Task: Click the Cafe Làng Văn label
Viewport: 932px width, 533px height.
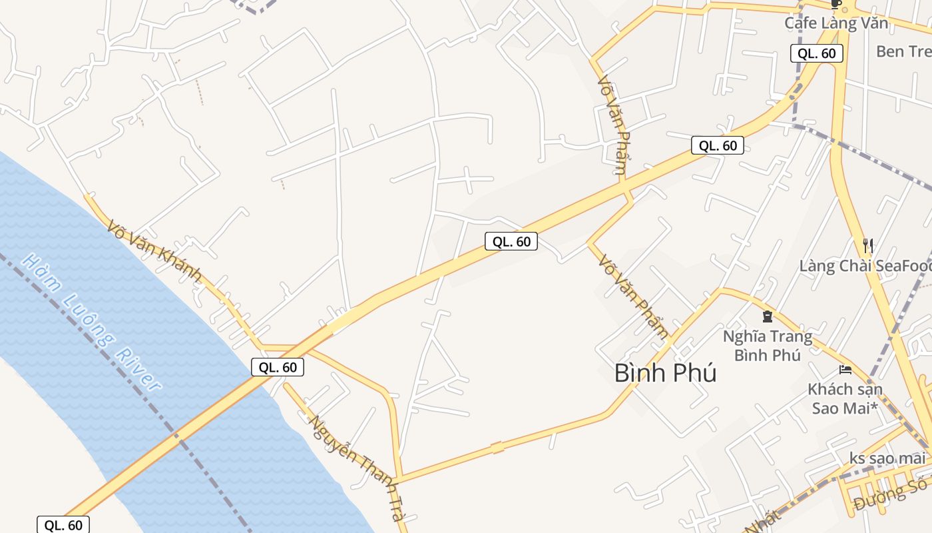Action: click(836, 23)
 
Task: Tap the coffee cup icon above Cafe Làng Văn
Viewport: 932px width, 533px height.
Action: click(837, 4)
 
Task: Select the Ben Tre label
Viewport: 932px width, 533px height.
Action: click(904, 51)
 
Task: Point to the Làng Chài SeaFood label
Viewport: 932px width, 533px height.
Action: click(865, 266)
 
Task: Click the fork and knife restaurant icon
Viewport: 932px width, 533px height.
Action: click(867, 246)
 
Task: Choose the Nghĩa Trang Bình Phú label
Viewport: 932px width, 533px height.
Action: click(768, 345)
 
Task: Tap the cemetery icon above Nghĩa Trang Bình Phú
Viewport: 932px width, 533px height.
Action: click(767, 316)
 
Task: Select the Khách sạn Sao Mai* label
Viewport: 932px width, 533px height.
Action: click(845, 398)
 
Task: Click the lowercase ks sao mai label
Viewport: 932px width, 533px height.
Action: click(887, 458)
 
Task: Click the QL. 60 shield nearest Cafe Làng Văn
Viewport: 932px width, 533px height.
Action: click(817, 53)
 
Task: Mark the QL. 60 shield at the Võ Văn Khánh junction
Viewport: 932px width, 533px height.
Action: click(278, 366)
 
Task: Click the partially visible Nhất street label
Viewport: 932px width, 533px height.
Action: click(762, 521)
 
